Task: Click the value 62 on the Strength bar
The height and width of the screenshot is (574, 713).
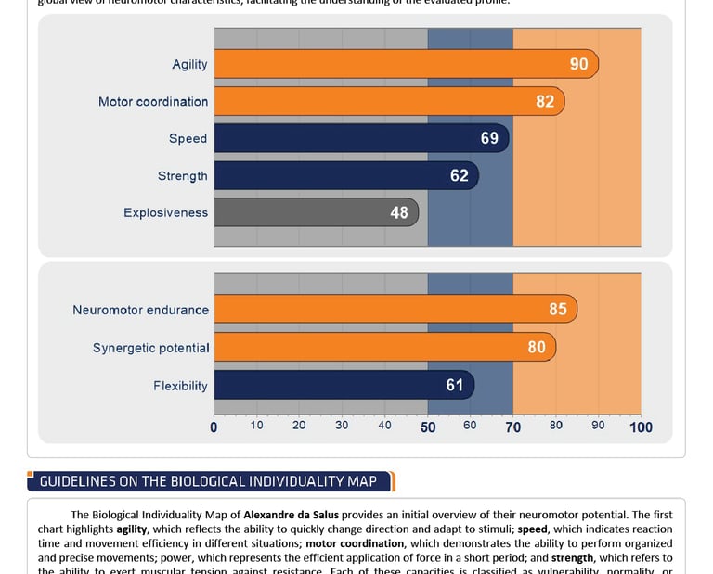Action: (x=460, y=175)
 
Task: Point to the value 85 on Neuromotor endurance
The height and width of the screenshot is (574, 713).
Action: (x=558, y=310)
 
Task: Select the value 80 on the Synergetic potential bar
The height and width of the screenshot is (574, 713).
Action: (x=537, y=348)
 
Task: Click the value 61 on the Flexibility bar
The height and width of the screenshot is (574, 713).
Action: (x=455, y=385)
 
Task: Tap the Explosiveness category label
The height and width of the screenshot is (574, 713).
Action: (x=165, y=212)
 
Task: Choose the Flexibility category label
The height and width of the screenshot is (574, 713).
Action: (x=180, y=385)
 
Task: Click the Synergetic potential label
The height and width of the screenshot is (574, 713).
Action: (x=150, y=348)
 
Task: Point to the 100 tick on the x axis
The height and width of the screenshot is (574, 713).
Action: (x=641, y=427)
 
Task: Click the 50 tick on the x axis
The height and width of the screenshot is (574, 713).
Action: (x=428, y=427)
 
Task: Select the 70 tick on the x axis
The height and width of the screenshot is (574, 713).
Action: (x=512, y=427)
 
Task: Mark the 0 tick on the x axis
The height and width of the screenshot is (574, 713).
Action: (x=214, y=427)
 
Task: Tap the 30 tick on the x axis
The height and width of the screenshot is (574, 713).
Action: (x=342, y=426)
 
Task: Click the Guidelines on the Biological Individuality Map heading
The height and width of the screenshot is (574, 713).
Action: (x=208, y=481)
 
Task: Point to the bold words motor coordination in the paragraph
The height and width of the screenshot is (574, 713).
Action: (x=355, y=543)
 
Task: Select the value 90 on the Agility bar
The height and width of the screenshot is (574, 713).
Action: (x=579, y=64)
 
